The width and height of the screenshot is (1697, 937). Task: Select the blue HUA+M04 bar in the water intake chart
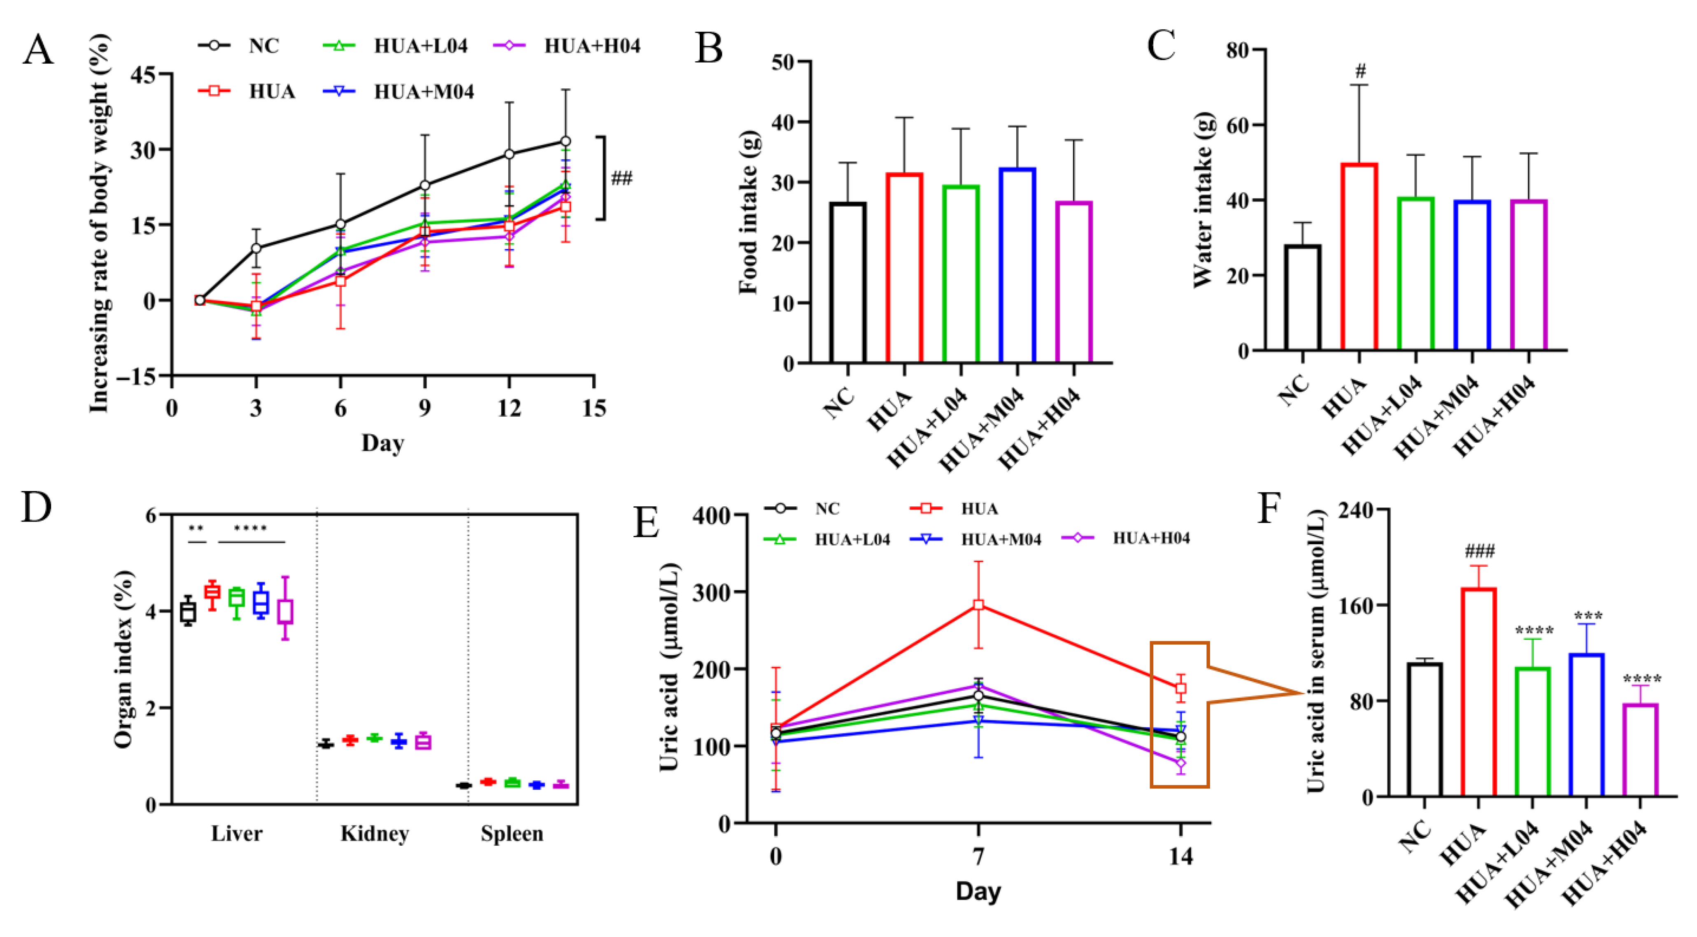(x=1472, y=275)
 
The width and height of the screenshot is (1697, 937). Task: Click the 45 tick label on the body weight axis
(x=144, y=74)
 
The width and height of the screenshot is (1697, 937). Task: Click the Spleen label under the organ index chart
(x=512, y=834)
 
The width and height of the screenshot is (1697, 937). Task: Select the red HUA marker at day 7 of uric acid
(x=978, y=605)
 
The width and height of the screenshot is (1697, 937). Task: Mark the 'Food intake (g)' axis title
(x=748, y=212)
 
